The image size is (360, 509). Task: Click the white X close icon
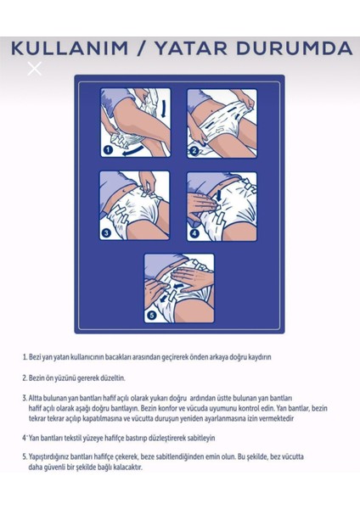pos(34,69)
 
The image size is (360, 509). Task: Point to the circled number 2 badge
pos(194,151)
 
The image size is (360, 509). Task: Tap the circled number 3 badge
pos(106,232)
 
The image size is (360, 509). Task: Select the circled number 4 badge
pos(194,232)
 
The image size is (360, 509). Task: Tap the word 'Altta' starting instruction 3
pos(40,397)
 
